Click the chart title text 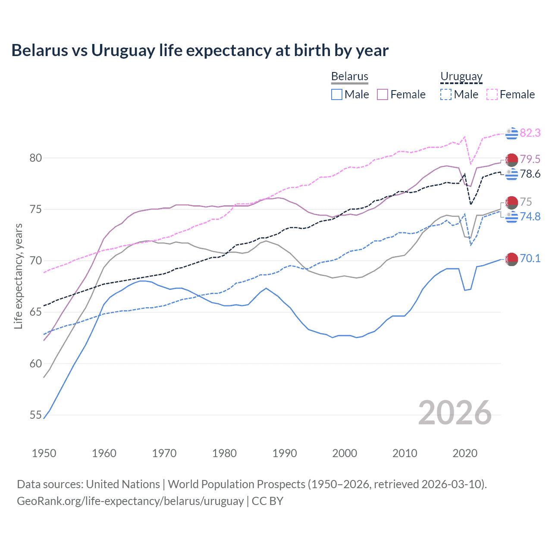200,50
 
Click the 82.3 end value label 530,133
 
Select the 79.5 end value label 530,159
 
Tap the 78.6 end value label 530,174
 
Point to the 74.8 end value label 530,216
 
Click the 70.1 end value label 530,258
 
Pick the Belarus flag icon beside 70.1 511,259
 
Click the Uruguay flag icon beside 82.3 511,134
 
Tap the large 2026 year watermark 455,413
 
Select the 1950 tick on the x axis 44,453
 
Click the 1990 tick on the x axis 285,453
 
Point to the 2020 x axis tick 465,453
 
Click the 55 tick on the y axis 36,415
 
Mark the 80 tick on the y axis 36,158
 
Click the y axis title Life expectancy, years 18,276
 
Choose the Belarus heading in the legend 349,76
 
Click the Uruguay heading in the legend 461,76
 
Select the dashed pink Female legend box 492,94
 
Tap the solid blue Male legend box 337,94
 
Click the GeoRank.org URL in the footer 130,501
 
